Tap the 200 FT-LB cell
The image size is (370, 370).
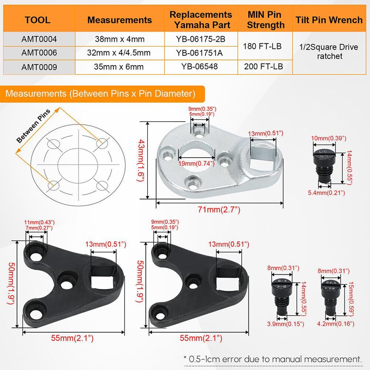pos(264,66)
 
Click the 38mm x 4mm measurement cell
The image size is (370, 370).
pos(119,39)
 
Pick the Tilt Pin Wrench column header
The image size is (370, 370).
pos(329,20)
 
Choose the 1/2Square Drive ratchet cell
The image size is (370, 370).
pos(329,52)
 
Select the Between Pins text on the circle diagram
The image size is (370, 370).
pos(34,126)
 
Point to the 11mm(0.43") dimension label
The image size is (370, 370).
pos(39,222)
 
